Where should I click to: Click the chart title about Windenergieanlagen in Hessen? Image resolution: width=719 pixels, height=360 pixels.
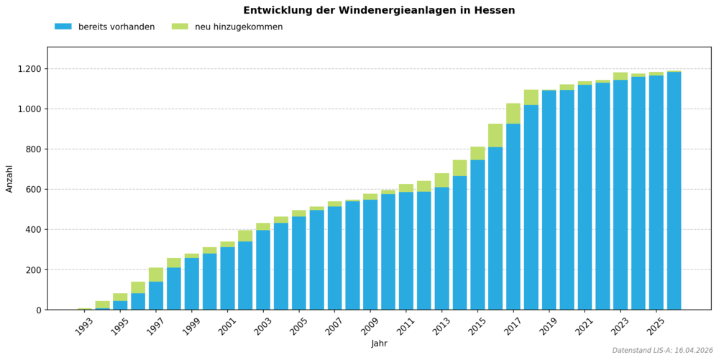[379, 11]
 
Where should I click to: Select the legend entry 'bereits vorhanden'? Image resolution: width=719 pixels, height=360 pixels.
[116, 27]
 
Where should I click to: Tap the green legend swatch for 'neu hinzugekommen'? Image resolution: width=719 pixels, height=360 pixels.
[180, 27]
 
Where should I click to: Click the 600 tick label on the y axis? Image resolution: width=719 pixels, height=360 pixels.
[33, 190]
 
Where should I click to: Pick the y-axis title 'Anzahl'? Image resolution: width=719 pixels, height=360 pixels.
[10, 178]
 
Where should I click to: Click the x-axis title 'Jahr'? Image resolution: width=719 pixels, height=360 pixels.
[379, 343]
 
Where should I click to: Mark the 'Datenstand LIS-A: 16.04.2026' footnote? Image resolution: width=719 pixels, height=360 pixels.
[662, 351]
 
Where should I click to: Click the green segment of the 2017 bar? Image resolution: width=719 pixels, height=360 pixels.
[513, 114]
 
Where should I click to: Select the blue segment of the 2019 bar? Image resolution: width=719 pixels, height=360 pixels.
[549, 201]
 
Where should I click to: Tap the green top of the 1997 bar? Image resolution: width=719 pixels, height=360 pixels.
[156, 274]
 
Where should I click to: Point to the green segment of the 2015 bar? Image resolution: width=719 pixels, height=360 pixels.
[477, 153]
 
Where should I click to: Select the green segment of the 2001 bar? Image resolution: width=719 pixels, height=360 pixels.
[227, 244]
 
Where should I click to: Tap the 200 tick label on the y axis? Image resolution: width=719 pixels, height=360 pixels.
[33, 270]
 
